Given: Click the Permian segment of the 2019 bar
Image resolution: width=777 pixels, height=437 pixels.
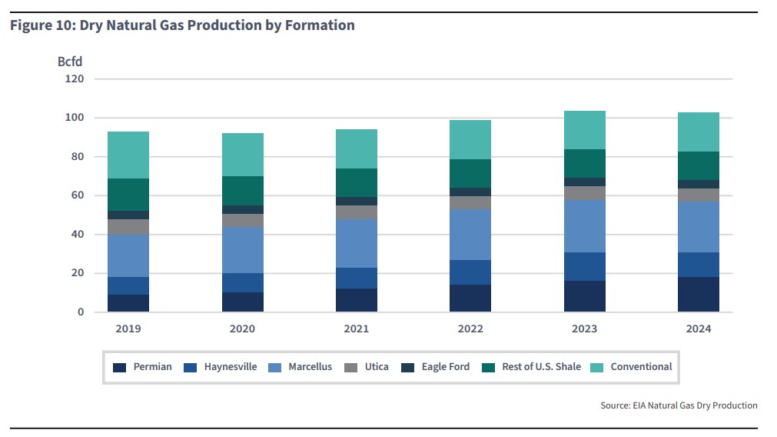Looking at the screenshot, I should tap(128, 303).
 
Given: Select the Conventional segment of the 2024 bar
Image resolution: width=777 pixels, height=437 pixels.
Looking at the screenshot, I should tap(698, 132).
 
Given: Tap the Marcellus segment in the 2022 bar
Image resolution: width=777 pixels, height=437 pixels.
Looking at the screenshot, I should tap(470, 235).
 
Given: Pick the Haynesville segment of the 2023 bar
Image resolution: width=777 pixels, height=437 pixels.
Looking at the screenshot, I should tap(584, 266).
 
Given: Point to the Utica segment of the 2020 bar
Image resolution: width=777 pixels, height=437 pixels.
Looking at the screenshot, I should tap(242, 220).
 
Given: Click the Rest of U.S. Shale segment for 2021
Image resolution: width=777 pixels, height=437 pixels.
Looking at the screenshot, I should tap(356, 182).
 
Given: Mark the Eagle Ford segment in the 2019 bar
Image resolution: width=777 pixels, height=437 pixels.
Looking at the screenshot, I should tap(128, 215).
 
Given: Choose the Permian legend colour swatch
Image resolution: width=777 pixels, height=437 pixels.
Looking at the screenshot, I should tap(119, 367).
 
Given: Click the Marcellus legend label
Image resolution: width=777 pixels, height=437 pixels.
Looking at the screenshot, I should tap(310, 367).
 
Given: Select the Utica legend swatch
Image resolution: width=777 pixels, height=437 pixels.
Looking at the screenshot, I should tap(350, 367).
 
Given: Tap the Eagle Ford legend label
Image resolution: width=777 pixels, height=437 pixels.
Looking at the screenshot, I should tap(445, 367).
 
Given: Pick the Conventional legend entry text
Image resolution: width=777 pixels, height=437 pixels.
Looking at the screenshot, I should tap(641, 367).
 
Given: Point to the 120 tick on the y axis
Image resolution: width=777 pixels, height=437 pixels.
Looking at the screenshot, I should tap(75, 79).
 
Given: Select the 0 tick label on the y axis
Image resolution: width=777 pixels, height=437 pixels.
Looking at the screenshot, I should tap(81, 312).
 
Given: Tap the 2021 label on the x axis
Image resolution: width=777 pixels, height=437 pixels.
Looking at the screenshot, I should tap(356, 329).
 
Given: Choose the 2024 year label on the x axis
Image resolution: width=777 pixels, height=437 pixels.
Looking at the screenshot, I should tap(698, 329).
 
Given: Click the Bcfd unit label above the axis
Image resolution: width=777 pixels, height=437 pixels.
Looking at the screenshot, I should tap(70, 61).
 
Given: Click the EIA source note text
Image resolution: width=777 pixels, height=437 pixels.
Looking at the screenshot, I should tap(679, 405).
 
